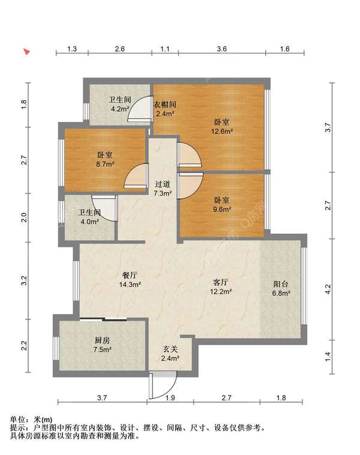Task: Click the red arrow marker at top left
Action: [27, 52]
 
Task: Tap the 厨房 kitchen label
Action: [102, 340]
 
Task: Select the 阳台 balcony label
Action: [281, 284]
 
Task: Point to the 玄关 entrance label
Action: [170, 349]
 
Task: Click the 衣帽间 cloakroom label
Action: [165, 104]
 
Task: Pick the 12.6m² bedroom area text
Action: [222, 131]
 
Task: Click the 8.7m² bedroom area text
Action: [106, 164]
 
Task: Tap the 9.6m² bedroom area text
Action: [222, 209]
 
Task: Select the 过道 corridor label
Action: [163, 184]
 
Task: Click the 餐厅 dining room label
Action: [130, 275]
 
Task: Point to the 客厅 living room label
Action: [220, 282]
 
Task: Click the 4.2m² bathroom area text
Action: [120, 109]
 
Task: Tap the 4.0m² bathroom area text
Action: [89, 221]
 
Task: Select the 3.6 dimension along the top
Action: [221, 49]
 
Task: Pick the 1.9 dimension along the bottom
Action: [170, 397]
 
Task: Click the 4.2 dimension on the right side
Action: [328, 289]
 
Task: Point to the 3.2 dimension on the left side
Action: [25, 280]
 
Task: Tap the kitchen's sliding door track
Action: [103, 319]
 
